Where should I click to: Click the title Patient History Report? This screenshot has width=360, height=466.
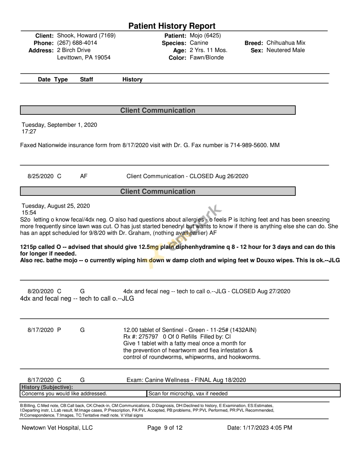[172, 26]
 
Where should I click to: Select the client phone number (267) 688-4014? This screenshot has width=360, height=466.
[77, 43]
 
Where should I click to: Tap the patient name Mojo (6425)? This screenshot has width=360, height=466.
[205, 36]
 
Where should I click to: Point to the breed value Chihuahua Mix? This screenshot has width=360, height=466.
[286, 43]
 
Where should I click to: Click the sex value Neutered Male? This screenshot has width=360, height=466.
[285, 50]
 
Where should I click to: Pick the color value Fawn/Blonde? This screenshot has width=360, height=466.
[207, 58]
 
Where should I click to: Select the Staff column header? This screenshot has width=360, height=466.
[86, 79]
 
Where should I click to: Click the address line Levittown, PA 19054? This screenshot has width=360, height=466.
[84, 58]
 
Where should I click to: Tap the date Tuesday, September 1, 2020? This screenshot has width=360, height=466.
[59, 125]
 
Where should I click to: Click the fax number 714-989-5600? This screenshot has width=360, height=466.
[248, 145]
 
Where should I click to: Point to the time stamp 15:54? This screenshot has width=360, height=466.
[29, 212]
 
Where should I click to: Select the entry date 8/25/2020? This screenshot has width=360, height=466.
[40, 176]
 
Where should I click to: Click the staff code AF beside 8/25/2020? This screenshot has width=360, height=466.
[84, 176]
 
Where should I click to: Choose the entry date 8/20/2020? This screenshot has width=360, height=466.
[40, 291]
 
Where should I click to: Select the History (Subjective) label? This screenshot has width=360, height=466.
[47, 387]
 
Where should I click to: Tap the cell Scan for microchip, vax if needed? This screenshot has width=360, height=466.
[188, 394]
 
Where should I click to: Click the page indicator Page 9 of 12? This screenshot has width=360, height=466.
[165, 428]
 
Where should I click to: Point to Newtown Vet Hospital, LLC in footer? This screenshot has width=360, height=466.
[57, 428]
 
